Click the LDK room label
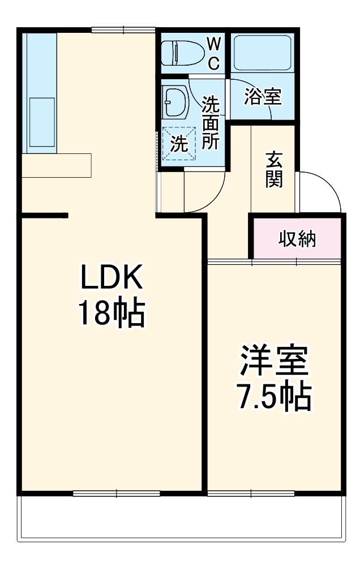(111, 278)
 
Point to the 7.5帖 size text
(274, 397)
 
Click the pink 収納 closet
(297, 239)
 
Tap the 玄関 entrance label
(273, 170)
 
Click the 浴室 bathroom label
(263, 97)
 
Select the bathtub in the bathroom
(262, 53)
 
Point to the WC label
(213, 54)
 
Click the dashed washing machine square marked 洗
(179, 144)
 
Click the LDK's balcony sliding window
(117, 493)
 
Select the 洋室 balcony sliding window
(251, 493)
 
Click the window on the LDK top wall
(123, 29)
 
